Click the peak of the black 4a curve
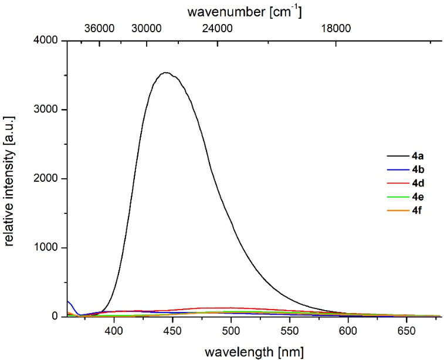[x=166, y=73]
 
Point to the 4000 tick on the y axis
[x=49, y=40]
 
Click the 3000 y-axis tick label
[x=49, y=110]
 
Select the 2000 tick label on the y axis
[x=49, y=179]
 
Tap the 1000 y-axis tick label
[x=49, y=248]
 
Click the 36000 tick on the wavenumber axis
[x=99, y=28]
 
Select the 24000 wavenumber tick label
[x=218, y=28]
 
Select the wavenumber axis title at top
[x=253, y=11]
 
